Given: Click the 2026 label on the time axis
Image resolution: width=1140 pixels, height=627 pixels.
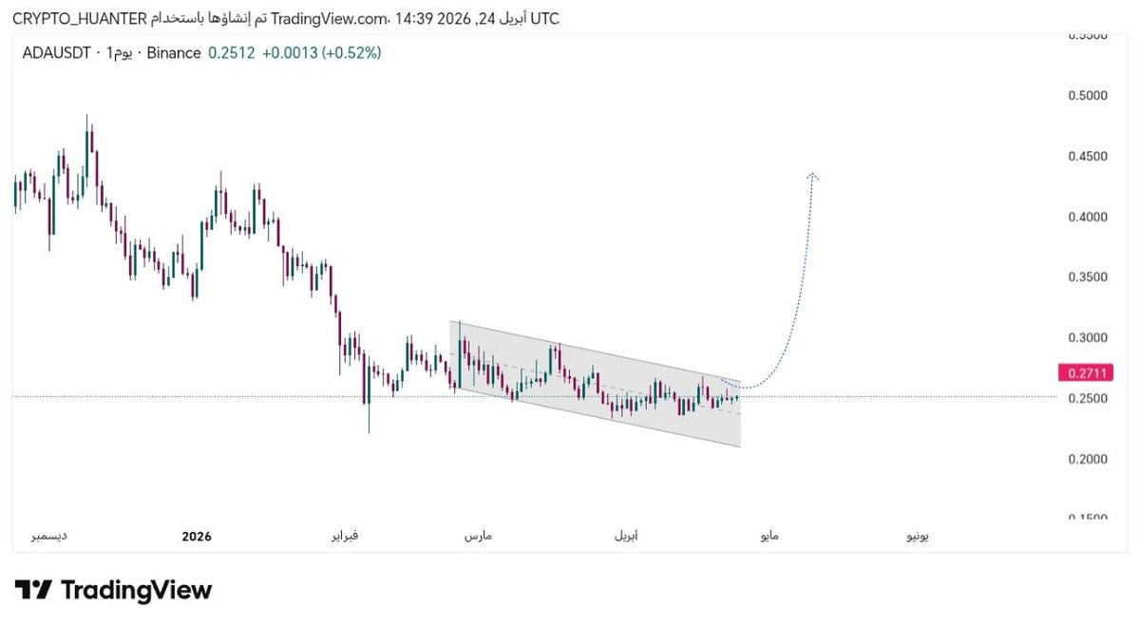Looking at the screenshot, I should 196,537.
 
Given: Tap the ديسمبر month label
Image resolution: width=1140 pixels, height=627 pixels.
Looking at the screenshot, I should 49,537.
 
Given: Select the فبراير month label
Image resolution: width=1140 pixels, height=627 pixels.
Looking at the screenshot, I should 344,537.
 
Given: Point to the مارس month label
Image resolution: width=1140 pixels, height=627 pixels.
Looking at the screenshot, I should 477,537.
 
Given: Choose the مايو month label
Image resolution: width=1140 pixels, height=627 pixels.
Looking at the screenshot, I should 768,537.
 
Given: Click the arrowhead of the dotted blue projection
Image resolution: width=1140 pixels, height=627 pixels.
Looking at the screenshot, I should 813,176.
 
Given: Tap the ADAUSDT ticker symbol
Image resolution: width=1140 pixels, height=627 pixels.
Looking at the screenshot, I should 56,53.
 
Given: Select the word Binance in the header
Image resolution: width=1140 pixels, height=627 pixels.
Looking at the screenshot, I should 174,53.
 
